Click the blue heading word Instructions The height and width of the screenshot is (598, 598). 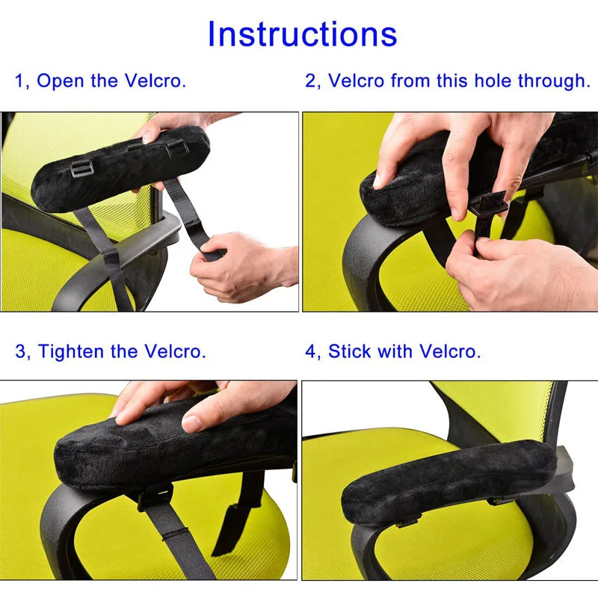pyautogui.click(x=302, y=34)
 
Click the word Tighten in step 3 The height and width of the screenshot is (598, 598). pyautogui.click(x=78, y=351)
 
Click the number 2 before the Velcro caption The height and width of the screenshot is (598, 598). pyautogui.click(x=310, y=81)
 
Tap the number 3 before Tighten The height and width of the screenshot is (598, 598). pyautogui.click(x=20, y=351)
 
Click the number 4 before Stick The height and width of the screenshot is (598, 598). pyautogui.click(x=310, y=351)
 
